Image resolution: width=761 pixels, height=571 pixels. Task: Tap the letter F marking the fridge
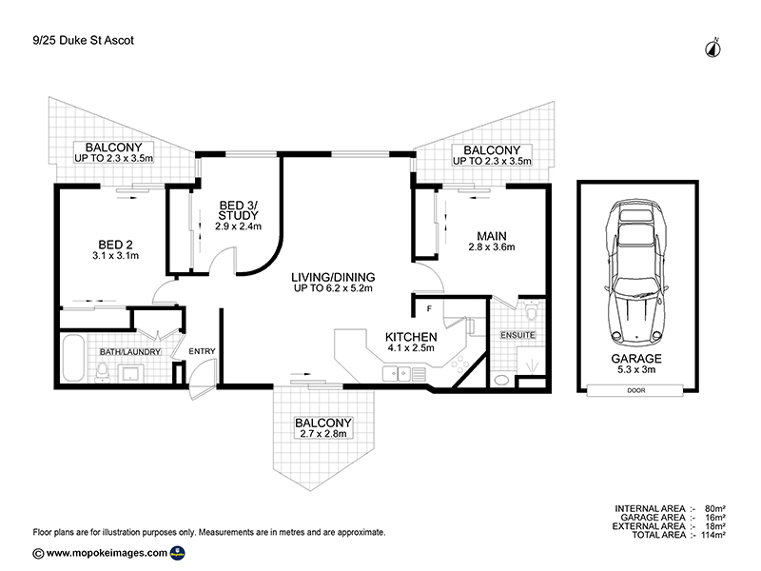click(429, 308)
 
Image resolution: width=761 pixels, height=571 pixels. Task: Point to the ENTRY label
click(203, 351)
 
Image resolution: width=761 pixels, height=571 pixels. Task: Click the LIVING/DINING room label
click(332, 276)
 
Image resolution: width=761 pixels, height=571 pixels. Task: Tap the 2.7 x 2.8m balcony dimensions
click(323, 434)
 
